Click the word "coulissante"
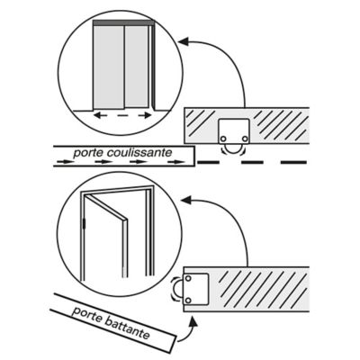click(139, 153)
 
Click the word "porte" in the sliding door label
click(88, 154)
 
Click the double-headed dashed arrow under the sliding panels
click(122, 115)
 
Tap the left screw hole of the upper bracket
click(223, 139)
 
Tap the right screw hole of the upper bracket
click(245, 139)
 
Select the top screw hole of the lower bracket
click(188, 278)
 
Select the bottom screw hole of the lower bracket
click(188, 301)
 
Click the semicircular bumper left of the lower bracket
click(176, 289)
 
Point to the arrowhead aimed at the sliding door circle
click(184, 41)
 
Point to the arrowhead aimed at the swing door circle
click(186, 200)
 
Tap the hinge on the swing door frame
click(85, 223)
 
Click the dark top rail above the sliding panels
click(123, 22)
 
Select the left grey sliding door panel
click(108, 67)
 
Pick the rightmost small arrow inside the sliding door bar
click(176, 162)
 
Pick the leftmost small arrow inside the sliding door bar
click(65, 162)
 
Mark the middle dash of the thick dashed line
click(252, 162)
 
